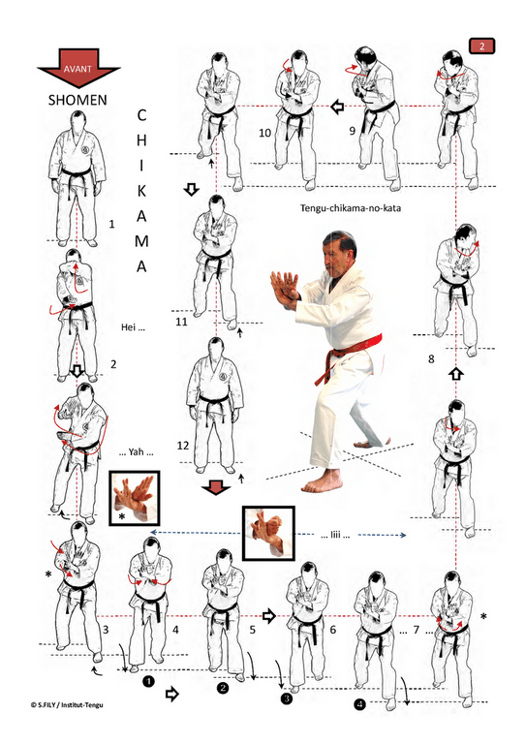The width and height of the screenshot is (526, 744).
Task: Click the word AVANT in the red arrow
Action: (x=77, y=69)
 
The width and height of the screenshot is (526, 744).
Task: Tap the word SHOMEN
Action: (x=77, y=100)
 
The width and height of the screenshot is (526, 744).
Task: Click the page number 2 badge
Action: (x=481, y=46)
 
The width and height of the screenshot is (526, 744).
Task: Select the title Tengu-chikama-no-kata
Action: (x=351, y=208)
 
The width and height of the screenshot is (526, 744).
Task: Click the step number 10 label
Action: (x=264, y=133)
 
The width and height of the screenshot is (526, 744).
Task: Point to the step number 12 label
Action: (x=183, y=446)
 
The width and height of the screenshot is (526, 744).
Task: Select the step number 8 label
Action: (x=431, y=358)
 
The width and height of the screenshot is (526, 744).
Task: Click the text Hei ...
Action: (x=133, y=327)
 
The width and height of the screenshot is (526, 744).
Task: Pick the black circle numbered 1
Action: (x=148, y=682)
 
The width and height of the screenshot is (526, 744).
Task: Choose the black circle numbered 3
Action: (x=287, y=697)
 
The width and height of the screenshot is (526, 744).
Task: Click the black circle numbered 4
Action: (x=360, y=704)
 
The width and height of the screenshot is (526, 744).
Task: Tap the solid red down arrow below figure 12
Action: (x=216, y=487)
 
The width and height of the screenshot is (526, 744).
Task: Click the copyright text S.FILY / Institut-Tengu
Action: (x=67, y=704)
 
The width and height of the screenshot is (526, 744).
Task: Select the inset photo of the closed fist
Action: (x=268, y=533)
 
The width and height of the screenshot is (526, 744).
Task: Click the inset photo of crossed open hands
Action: (x=135, y=498)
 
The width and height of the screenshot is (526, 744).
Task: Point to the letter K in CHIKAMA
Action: (x=141, y=191)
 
